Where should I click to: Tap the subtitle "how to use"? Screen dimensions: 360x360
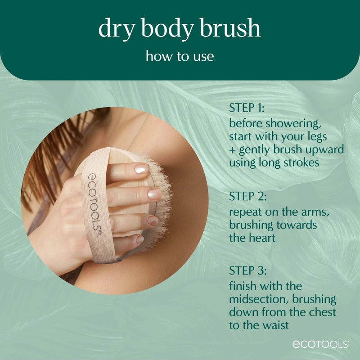(180, 57)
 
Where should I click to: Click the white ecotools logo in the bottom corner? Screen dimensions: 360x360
(320, 345)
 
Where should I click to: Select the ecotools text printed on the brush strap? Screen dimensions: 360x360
(91, 202)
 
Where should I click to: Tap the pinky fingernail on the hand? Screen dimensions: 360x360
(140, 239)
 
